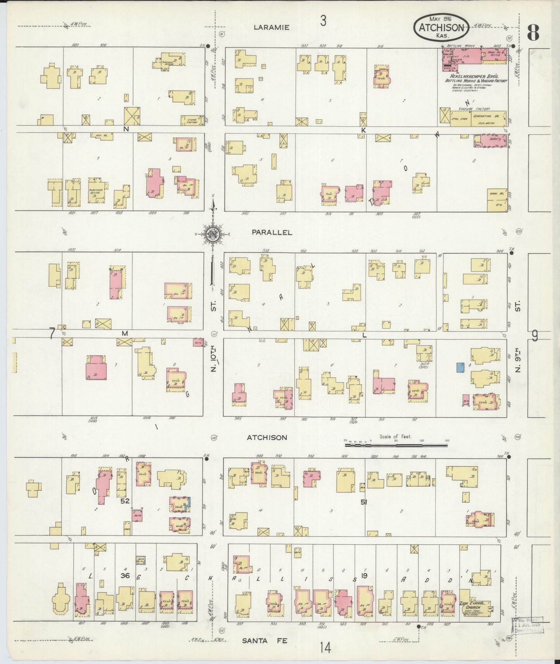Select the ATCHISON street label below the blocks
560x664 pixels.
[267, 437]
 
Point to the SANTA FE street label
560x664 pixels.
[265, 640]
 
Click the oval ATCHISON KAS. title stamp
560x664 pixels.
[441, 27]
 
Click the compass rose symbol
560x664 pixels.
[213, 234]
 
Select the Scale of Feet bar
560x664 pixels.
[396, 445]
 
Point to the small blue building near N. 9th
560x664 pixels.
[460, 367]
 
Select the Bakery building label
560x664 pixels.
[496, 139]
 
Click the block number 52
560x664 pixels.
[124, 501]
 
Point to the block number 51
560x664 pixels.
[364, 502]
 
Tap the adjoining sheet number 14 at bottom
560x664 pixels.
[326, 647]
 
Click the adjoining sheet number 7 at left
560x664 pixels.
[52, 334]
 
